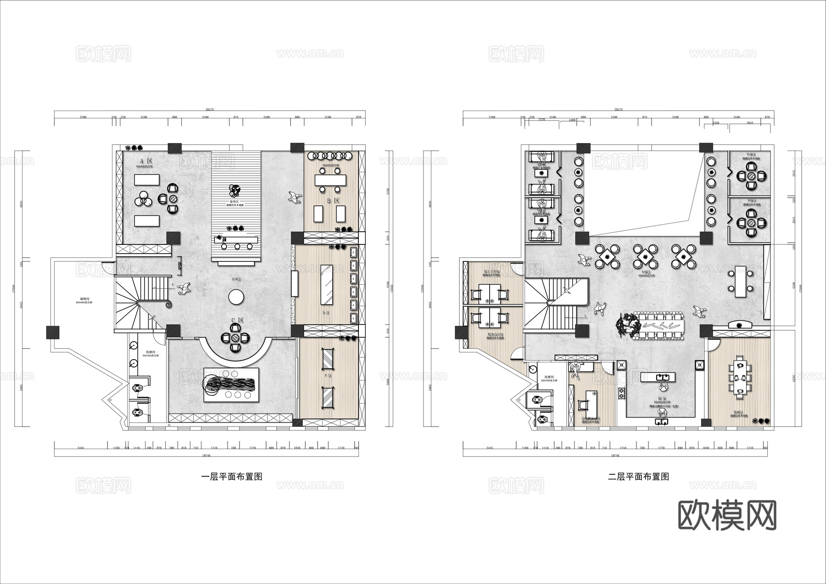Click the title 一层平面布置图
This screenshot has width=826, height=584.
point(232,477)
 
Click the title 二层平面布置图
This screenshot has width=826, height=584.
point(638,477)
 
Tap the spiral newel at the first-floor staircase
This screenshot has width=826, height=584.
point(168,304)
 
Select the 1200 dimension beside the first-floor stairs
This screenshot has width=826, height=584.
point(180,265)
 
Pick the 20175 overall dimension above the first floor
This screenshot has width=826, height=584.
point(210,110)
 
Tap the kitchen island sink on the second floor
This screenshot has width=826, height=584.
point(658,377)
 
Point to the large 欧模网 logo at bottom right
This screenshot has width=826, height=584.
point(727,516)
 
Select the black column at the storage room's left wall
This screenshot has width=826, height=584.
point(53,332)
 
